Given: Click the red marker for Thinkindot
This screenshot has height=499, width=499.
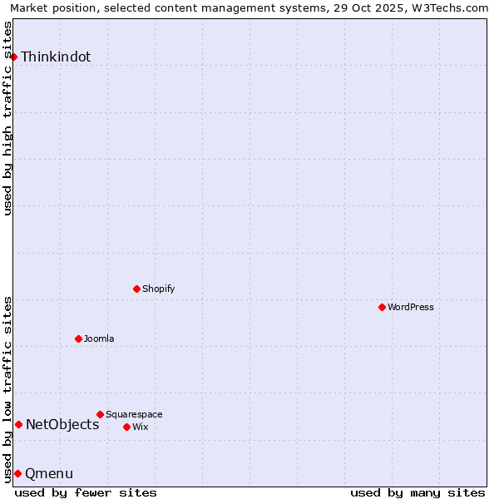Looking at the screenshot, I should click(14, 57).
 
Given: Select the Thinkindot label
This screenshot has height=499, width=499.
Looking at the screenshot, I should click(56, 57).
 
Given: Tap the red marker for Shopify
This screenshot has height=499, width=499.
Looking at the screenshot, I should click(136, 289).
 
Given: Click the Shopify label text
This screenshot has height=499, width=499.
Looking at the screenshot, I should click(158, 289).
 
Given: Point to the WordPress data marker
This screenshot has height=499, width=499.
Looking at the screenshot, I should click(382, 307).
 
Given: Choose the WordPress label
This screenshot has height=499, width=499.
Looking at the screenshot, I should click(411, 308).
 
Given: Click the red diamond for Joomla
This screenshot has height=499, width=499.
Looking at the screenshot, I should click(78, 338).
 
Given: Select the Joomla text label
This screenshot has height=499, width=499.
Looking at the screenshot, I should click(99, 339).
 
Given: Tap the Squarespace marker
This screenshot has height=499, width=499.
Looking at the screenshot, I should click(100, 414).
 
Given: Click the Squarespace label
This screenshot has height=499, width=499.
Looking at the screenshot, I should click(134, 415).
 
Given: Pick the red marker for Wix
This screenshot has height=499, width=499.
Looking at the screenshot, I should click(126, 427).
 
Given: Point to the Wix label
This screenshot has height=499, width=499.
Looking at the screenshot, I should click(141, 427).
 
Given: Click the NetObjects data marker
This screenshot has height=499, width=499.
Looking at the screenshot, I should click(18, 424).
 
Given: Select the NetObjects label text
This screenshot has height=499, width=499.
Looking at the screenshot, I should click(62, 425).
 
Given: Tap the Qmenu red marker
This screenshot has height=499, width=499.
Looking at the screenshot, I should click(17, 473).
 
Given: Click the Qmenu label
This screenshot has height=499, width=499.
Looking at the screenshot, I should click(49, 474).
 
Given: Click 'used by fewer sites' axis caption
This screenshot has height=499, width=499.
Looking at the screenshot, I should click(86, 492).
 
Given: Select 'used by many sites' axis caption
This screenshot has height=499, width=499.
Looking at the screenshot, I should click(417, 492).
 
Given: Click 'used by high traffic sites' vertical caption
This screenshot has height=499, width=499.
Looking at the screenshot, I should click(8, 118).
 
